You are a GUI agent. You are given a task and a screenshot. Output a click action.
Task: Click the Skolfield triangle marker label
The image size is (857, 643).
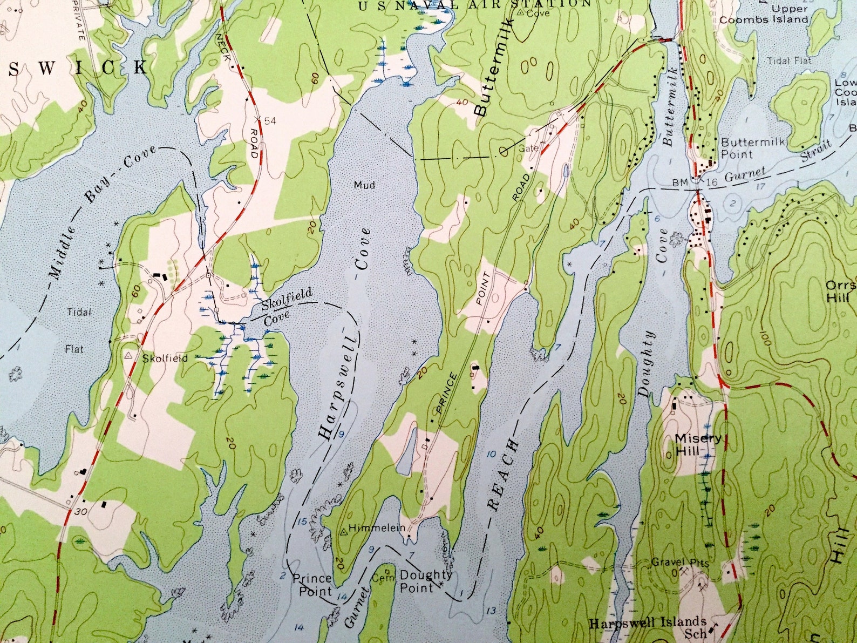point(166,358)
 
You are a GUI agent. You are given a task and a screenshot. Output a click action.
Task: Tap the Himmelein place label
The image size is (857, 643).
point(377,528)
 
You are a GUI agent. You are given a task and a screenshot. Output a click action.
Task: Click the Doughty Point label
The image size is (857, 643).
point(425,581)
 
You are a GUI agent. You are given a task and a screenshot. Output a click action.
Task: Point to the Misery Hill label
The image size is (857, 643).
point(698,445)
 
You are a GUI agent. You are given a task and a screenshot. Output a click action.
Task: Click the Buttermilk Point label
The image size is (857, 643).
point(752,148)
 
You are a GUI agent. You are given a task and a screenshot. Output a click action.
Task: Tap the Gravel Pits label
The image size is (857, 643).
point(679,562)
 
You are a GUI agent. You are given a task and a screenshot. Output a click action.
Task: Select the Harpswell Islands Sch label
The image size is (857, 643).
point(648,626)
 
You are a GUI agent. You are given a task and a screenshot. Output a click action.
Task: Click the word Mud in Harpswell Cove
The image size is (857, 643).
point(364,185)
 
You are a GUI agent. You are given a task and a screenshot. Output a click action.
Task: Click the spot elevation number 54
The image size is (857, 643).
point(270,120)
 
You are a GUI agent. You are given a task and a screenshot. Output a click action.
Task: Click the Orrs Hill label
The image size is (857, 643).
point(840,291)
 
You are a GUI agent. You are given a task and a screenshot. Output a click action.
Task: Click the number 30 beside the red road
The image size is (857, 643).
point(81,511)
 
